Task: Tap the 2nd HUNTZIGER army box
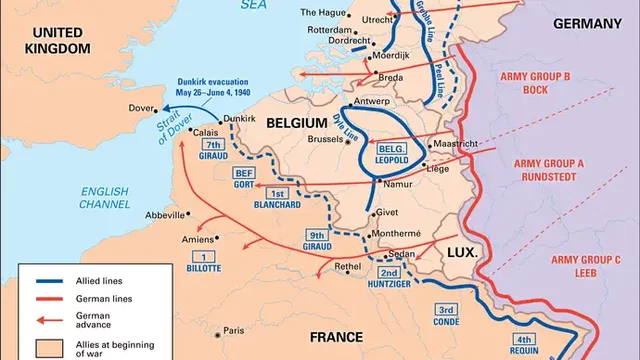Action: (390, 278)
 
